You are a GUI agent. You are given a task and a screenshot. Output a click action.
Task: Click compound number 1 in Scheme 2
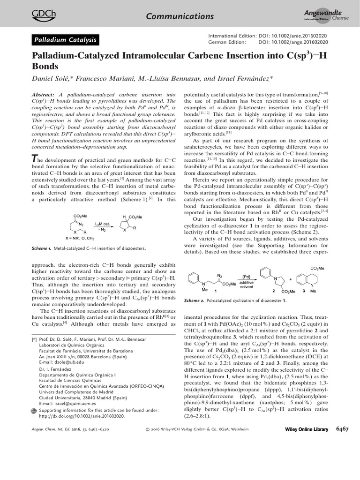pos(215,291)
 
